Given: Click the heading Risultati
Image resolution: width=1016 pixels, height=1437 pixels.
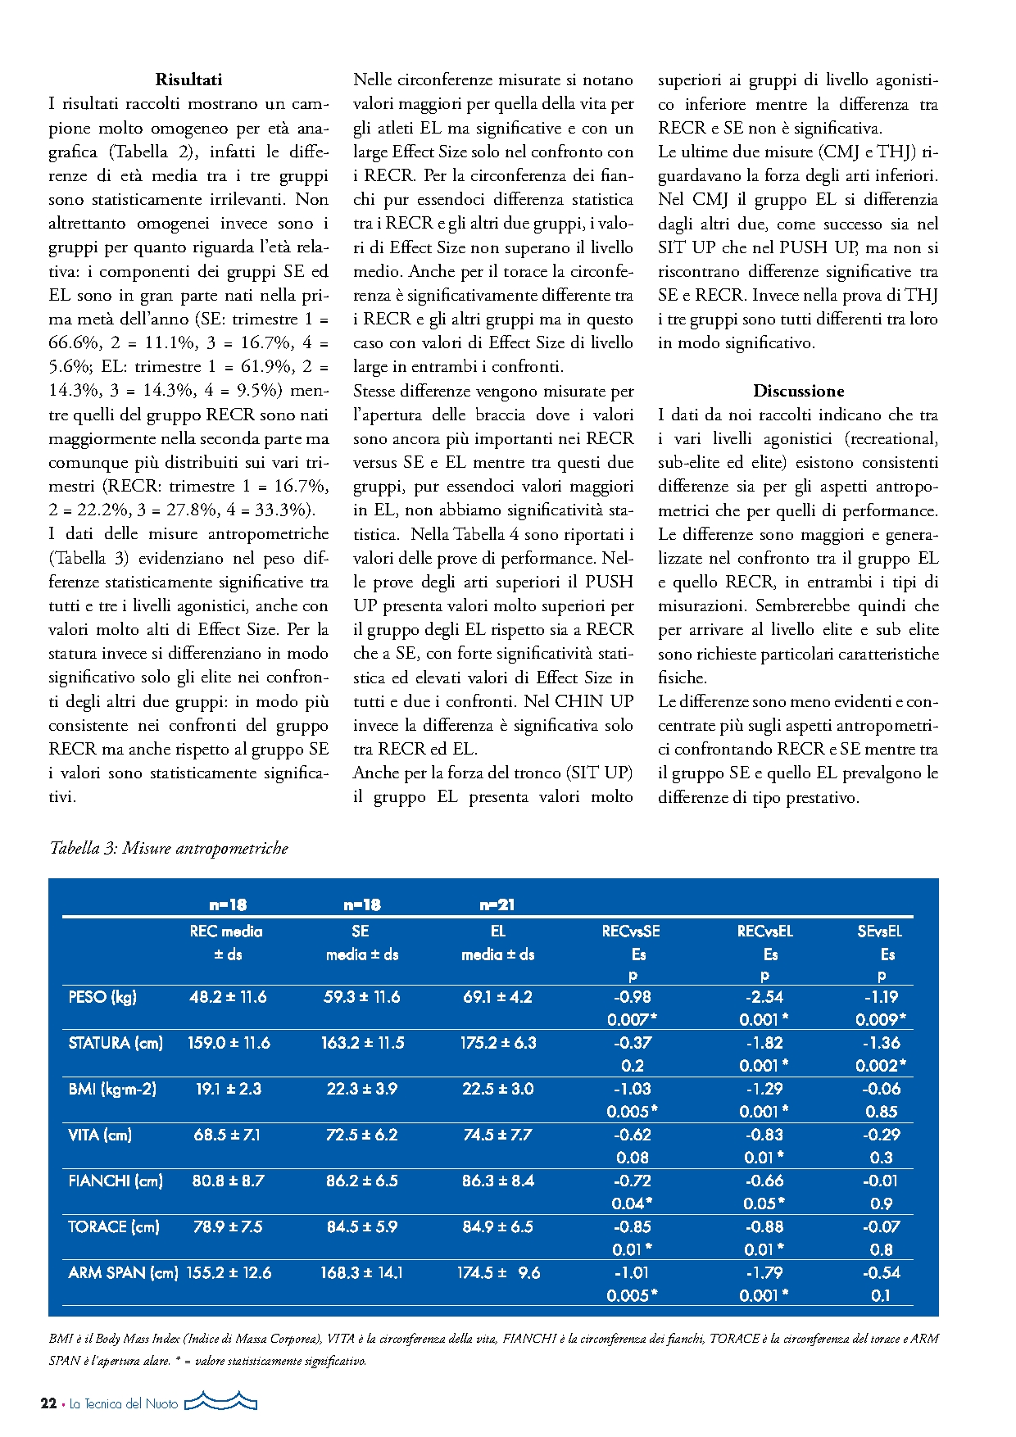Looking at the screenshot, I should click(188, 79).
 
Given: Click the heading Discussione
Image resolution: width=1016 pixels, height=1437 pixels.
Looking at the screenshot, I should click(798, 391).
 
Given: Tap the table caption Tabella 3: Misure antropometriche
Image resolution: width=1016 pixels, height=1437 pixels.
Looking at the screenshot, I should click(169, 848).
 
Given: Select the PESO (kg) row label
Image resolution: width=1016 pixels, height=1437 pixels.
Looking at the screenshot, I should click(102, 997).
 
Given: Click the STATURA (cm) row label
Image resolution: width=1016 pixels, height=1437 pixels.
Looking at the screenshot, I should click(116, 1043).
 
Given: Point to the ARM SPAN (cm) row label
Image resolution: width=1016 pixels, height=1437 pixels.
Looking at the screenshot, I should click(123, 1272).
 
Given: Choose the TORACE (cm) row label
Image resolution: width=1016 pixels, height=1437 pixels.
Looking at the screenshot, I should click(114, 1226).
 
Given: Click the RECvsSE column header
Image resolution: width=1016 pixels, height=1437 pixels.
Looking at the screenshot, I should click(631, 931).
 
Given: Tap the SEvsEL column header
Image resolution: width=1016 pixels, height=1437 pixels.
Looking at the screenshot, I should click(879, 931).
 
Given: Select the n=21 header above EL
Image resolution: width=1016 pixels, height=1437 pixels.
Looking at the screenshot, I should click(497, 904).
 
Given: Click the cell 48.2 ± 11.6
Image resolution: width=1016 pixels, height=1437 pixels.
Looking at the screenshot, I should click(228, 997).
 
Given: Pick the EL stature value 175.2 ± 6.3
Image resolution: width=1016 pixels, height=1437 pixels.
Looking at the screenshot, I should click(497, 1043).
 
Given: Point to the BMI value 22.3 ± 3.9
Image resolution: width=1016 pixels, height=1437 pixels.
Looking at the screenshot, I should click(361, 1089).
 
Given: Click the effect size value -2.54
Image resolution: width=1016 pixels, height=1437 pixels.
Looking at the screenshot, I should click(764, 997).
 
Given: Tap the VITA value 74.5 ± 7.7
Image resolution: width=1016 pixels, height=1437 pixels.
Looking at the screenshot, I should click(497, 1135).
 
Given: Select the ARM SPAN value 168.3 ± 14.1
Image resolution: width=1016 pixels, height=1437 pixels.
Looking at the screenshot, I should click(361, 1272).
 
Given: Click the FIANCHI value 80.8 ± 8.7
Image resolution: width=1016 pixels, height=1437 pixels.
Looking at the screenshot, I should click(228, 1181).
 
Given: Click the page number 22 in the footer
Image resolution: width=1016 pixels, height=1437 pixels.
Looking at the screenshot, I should click(48, 1403).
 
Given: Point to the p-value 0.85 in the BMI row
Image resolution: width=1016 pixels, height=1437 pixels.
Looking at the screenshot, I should click(882, 1112).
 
